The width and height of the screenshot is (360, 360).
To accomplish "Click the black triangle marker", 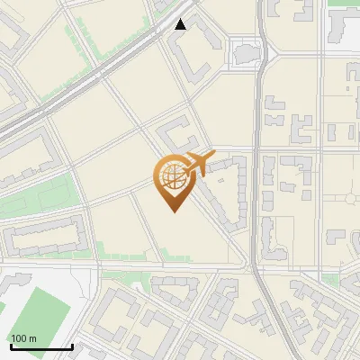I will pos(181,24).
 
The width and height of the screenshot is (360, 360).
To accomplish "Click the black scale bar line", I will pos(41,346).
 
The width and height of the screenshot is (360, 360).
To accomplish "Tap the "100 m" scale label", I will pos(23,337).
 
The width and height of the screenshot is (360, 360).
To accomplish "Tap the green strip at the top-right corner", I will pos(342,3).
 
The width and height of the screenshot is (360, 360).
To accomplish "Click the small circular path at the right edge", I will pos(351,200).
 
